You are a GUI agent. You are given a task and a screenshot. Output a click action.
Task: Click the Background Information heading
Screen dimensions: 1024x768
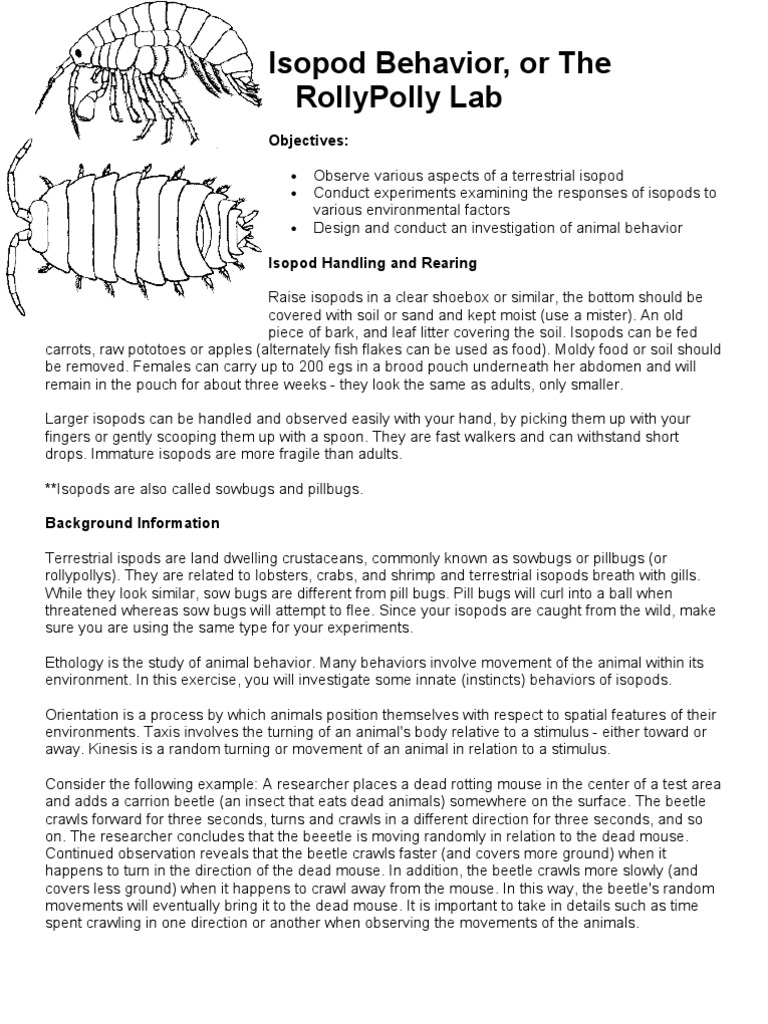click(133, 523)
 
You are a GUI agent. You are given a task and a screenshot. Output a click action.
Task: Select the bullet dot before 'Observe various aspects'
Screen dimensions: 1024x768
click(293, 174)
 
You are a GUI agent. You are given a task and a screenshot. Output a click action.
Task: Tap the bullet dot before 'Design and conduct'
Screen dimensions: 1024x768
click(293, 228)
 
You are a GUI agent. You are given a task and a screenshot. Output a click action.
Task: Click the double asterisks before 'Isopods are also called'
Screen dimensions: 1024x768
click(51, 489)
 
